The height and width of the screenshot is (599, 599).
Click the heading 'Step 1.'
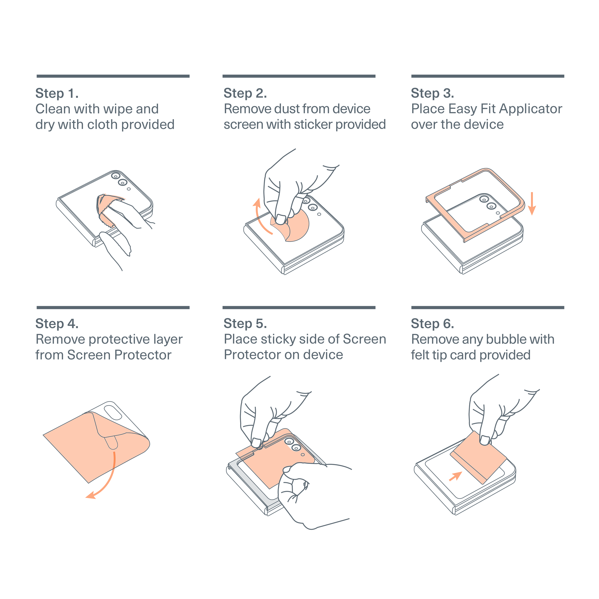(x=57, y=93)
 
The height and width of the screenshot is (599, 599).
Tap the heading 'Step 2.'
(x=245, y=93)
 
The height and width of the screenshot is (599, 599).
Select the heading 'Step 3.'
(x=433, y=93)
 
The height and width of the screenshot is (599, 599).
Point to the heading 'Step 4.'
(x=57, y=324)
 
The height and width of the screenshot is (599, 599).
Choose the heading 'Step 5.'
(x=245, y=324)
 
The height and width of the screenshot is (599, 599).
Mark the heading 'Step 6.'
(x=433, y=324)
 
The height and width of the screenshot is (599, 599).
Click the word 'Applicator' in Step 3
(x=531, y=109)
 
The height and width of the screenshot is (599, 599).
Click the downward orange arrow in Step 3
(x=532, y=204)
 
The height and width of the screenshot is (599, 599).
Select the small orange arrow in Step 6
(x=456, y=476)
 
